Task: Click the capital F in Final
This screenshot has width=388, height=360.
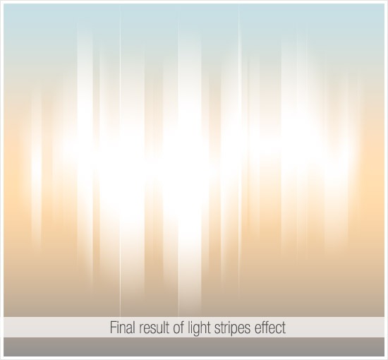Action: pyautogui.click(x=113, y=328)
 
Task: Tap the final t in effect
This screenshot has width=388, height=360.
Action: pyautogui.click(x=284, y=328)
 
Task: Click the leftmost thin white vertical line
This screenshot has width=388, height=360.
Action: pyautogui.click(x=120, y=158)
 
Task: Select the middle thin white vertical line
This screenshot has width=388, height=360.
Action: pyautogui.click(x=178, y=158)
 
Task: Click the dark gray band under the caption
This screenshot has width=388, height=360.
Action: pyautogui.click(x=194, y=347)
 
